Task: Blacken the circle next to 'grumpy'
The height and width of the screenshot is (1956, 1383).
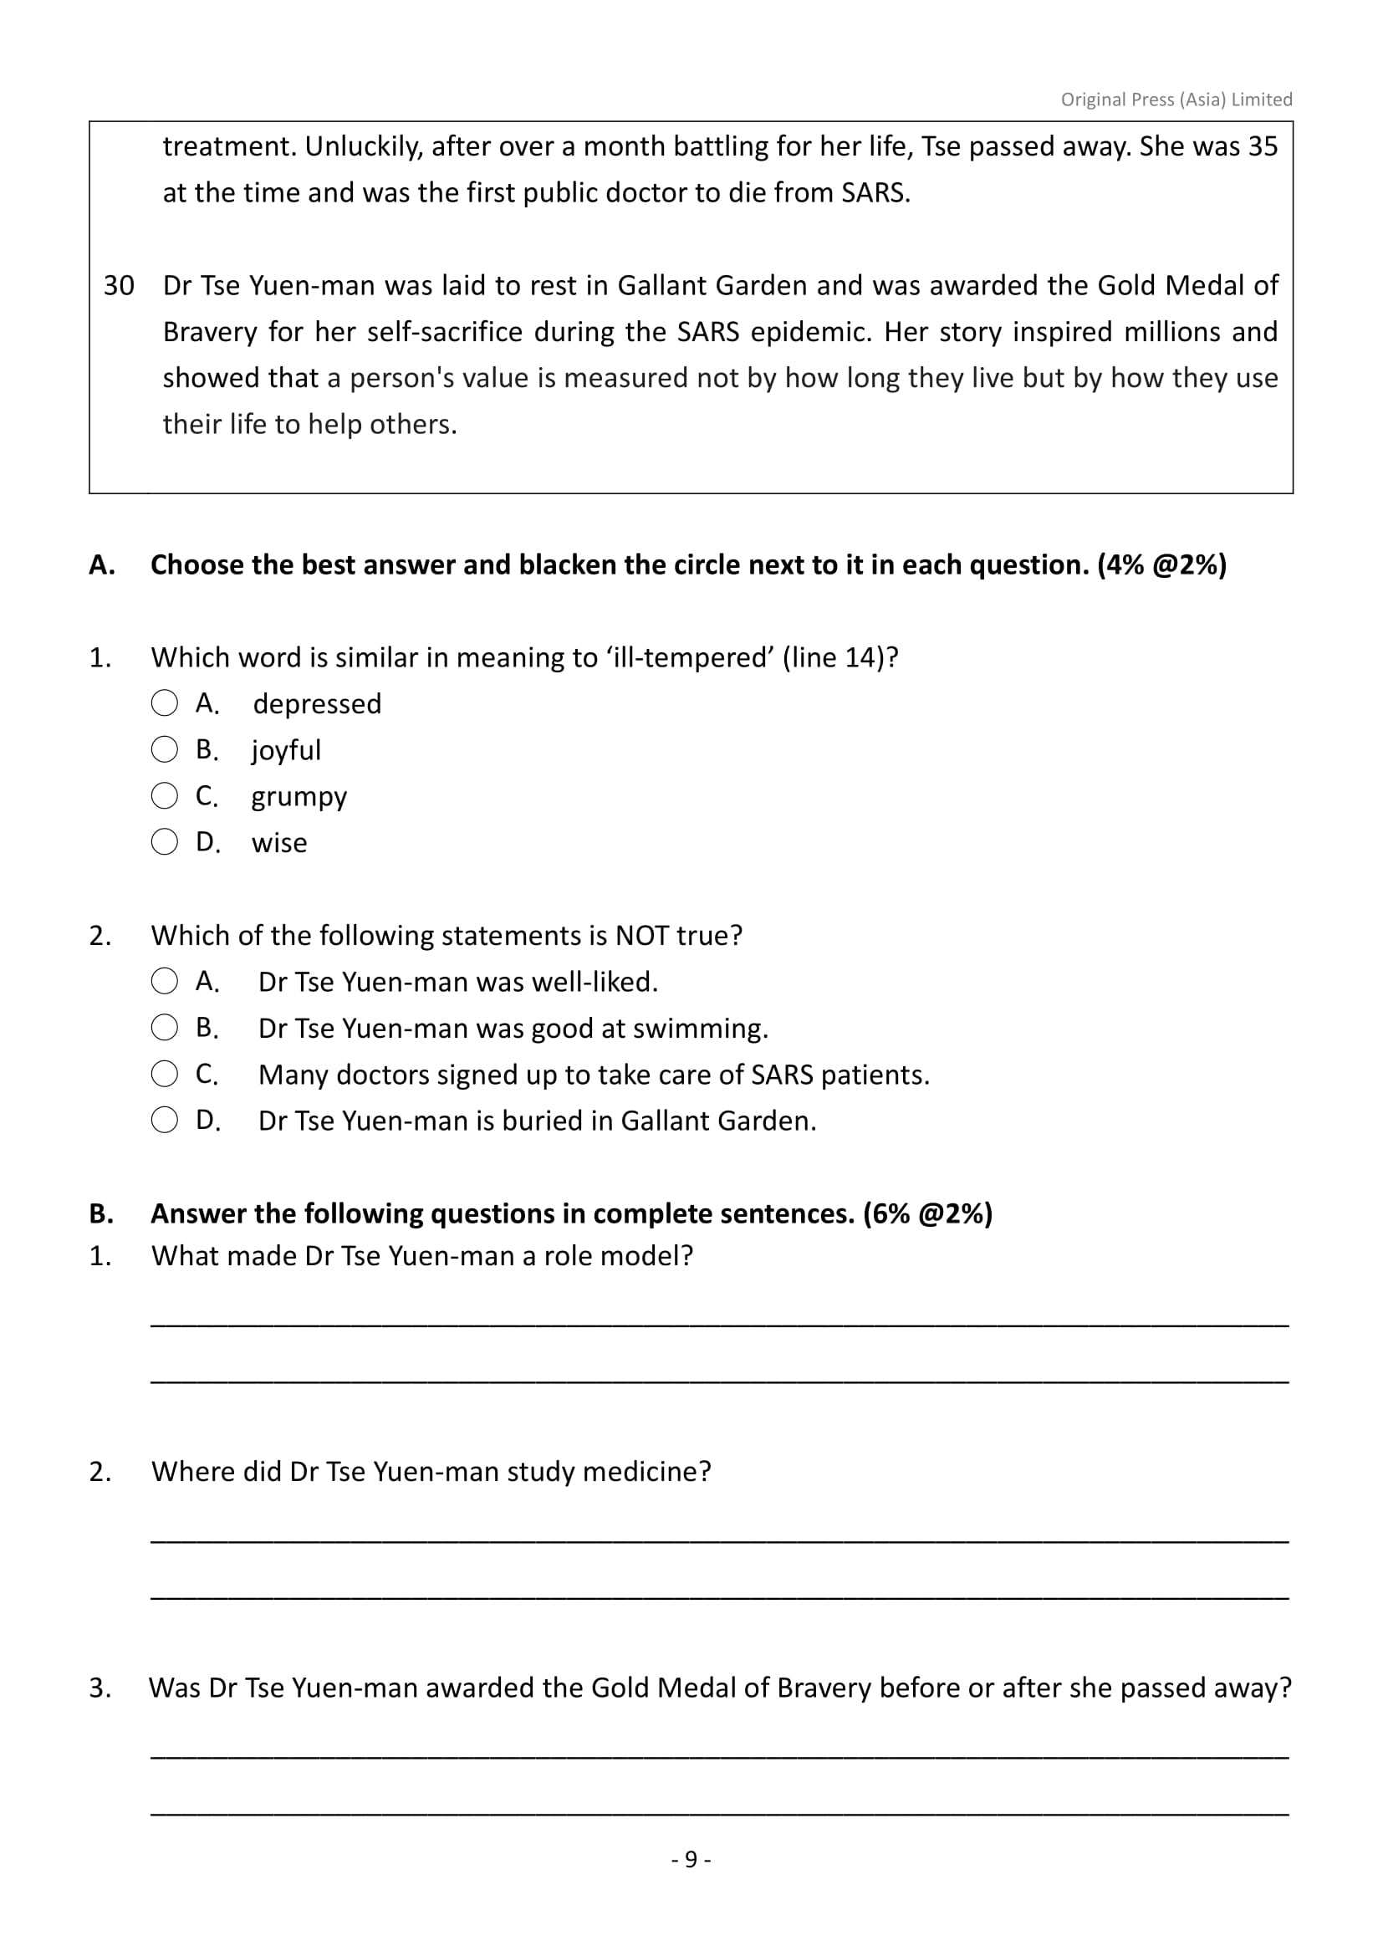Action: pos(165,797)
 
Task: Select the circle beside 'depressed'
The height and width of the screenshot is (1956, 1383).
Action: pos(165,703)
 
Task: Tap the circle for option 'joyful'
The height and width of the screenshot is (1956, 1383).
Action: pos(165,749)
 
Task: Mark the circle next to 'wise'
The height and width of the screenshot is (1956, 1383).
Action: pos(165,843)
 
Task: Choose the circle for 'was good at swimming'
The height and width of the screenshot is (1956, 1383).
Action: pos(165,1029)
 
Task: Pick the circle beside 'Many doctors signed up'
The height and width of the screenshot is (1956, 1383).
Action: pos(165,1075)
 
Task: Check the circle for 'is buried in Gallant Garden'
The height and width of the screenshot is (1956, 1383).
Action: pos(165,1121)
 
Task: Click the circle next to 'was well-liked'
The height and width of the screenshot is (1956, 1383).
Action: pos(165,982)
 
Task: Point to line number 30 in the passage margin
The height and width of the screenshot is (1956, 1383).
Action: pos(120,285)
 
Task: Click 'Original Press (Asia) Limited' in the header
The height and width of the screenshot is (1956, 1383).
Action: pos(1176,100)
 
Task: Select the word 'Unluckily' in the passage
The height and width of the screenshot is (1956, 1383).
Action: pos(362,146)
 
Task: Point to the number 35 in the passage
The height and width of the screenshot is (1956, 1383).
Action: pos(1263,146)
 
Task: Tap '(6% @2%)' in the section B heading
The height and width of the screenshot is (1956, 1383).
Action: pos(927,1213)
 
